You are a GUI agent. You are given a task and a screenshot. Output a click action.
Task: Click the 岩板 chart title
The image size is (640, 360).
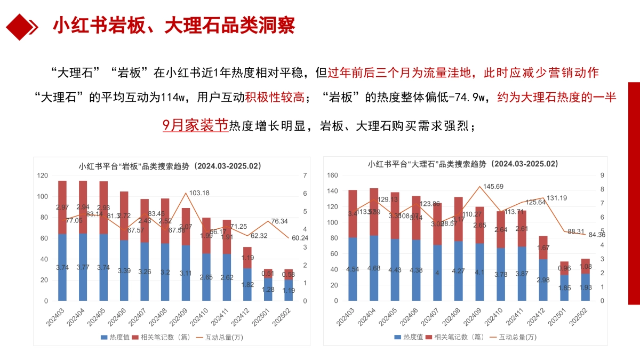click(x=170, y=166)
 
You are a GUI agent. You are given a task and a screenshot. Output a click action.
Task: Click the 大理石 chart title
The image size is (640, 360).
click(x=463, y=164)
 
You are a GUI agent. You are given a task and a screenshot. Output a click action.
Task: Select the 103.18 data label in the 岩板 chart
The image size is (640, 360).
click(x=199, y=193)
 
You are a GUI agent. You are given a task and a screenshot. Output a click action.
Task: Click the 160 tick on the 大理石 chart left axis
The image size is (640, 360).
click(x=332, y=175)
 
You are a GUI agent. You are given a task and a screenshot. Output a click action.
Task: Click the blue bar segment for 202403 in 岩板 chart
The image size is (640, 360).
click(x=62, y=267)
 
